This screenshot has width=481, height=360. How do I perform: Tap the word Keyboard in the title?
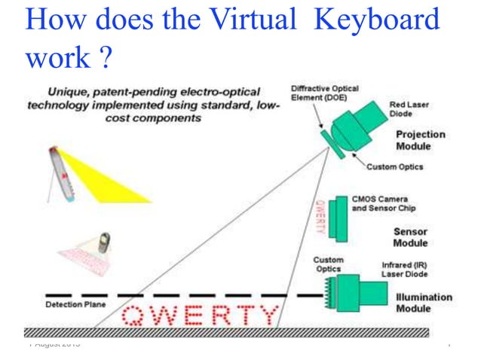point(376,21)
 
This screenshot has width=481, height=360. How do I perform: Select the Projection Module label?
point(420,140)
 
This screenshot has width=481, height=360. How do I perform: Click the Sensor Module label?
point(410,237)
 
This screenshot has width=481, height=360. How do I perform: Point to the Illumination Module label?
point(424,303)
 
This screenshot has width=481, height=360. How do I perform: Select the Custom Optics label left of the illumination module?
point(328,264)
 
